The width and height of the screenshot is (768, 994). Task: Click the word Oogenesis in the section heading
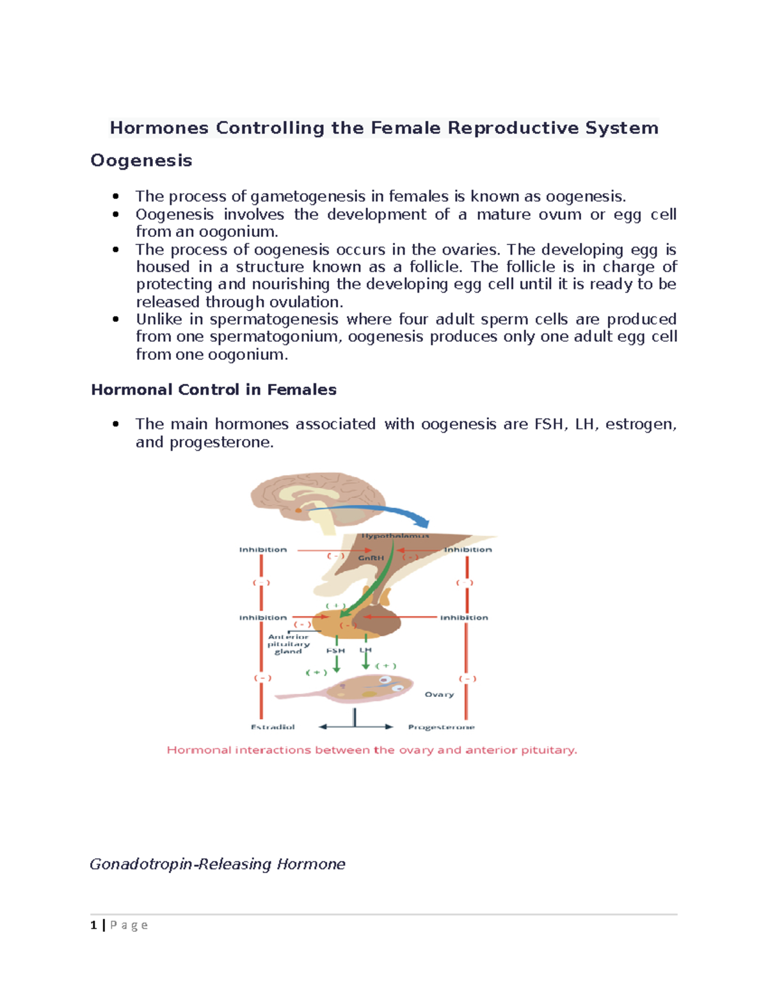141,160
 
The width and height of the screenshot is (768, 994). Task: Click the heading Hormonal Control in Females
214,389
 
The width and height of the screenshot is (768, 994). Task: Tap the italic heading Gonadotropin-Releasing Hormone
217,864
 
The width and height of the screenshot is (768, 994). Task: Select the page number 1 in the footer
94,925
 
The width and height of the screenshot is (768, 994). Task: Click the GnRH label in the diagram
371,558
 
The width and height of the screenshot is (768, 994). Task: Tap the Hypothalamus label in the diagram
395,536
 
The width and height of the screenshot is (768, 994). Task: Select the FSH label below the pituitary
335,650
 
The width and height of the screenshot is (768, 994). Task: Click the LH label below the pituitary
365,650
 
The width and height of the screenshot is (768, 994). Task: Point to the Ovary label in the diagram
439,694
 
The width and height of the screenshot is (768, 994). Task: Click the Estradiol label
273,727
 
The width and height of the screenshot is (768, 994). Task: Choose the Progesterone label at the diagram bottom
442,727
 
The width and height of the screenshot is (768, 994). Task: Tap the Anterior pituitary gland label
288,644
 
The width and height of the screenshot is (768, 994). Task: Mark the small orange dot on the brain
298,510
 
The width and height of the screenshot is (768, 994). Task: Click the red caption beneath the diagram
372,750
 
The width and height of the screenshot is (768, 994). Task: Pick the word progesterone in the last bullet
221,442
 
